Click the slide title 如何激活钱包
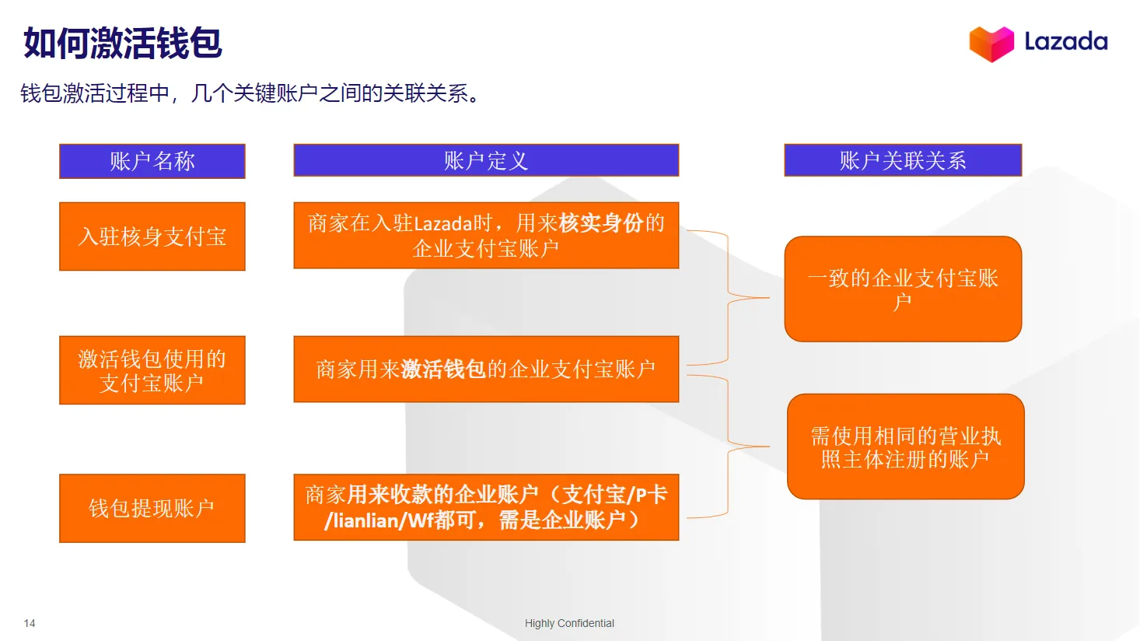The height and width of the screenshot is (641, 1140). [x=123, y=44]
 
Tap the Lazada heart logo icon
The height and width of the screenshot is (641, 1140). [x=991, y=44]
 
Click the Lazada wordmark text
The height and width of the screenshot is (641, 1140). [x=1065, y=41]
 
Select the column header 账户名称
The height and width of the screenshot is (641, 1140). [x=152, y=161]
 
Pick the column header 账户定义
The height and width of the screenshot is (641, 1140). [x=486, y=161]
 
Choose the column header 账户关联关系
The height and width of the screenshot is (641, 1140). [x=903, y=160]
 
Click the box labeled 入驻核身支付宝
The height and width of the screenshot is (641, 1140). [x=152, y=236]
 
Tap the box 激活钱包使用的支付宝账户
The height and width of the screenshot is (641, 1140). [x=152, y=370]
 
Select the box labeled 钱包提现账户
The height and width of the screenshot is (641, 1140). [x=152, y=508]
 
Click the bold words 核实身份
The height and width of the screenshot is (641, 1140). [x=601, y=223]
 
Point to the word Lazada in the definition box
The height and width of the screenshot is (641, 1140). [x=443, y=224]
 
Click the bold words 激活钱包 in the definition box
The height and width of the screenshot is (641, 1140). [x=444, y=369]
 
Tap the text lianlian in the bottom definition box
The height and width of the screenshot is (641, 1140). [x=366, y=520]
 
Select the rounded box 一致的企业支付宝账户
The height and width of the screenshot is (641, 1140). [x=903, y=289]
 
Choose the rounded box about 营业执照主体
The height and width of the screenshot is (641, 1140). [x=905, y=447]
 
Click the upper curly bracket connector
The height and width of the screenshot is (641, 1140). [x=728, y=297]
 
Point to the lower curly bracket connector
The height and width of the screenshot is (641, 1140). [x=728, y=447]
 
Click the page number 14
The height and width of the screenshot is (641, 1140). [x=30, y=623]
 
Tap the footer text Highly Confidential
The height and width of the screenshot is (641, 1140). [x=569, y=623]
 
